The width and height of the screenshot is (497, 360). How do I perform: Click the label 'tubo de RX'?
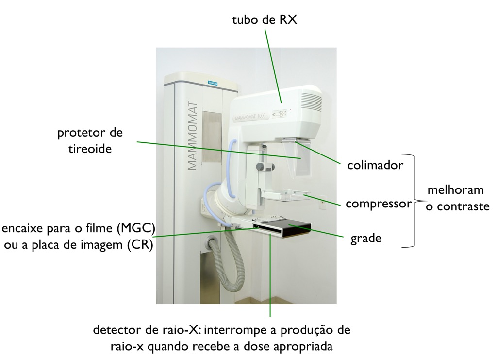click(265, 19)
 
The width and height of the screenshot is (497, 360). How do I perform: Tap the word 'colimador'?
click(375, 165)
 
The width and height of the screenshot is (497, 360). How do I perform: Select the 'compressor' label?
click(379, 204)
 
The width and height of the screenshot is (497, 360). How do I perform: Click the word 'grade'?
click(366, 238)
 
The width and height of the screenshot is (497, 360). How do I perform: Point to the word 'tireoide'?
click(90, 149)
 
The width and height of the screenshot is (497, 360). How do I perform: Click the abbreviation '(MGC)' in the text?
click(136, 228)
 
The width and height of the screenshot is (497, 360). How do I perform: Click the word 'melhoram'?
click(455, 189)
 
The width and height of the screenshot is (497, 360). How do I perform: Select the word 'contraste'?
click(463, 207)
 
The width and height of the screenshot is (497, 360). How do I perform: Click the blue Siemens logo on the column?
click(213, 83)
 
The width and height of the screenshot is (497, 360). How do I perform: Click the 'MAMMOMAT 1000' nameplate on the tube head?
click(250, 118)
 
